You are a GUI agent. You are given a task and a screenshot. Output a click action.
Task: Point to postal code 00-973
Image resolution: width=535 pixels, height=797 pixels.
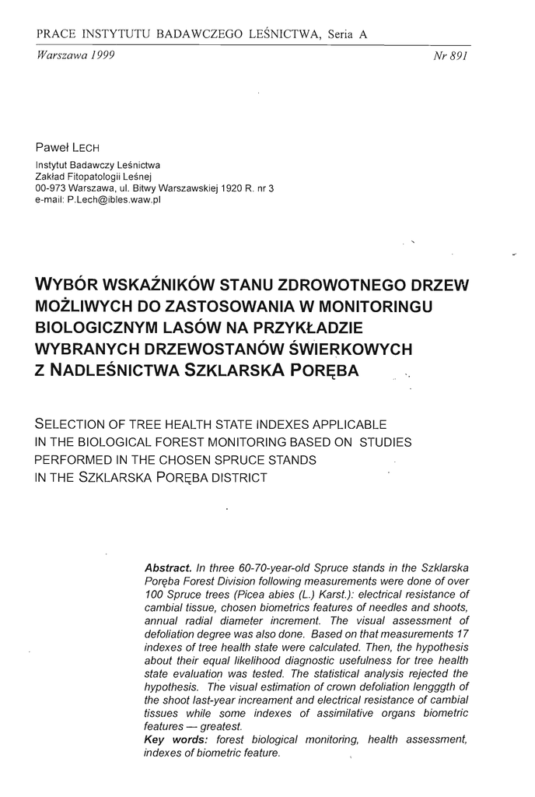51,188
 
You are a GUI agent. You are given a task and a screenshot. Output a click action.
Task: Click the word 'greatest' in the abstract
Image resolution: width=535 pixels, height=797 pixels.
219,726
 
